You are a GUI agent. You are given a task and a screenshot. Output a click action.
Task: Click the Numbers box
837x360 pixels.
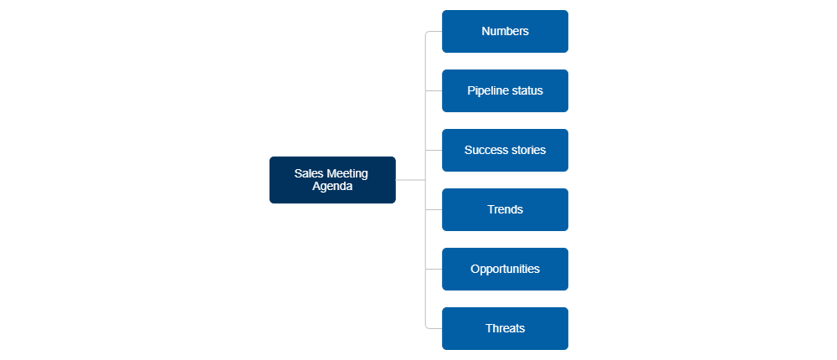pyautogui.click(x=505, y=32)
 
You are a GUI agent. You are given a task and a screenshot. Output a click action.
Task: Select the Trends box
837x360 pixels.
pyautogui.click(x=505, y=209)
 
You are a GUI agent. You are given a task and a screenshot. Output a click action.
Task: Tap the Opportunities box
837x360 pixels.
pyautogui.click(x=505, y=269)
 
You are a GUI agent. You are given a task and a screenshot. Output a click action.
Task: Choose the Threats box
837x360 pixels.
pyautogui.click(x=505, y=328)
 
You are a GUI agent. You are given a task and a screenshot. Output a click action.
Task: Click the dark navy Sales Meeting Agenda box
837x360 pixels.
pyautogui.click(x=331, y=180)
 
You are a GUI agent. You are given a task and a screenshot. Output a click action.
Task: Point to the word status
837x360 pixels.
pyautogui.click(x=527, y=90)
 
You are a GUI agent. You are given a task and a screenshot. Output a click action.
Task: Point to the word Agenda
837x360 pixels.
pyautogui.click(x=332, y=187)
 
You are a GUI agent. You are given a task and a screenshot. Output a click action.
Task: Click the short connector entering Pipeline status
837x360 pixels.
pyautogui.click(x=434, y=90)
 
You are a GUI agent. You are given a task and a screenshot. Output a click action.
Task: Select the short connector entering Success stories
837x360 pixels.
pyautogui.click(x=434, y=150)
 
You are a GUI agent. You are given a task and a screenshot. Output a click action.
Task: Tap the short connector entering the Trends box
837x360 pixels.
pyautogui.click(x=434, y=209)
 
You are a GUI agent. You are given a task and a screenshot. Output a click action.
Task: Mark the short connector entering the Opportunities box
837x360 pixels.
pyautogui.click(x=434, y=269)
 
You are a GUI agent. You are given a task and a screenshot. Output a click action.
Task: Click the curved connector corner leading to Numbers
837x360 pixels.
pyautogui.click(x=427, y=33)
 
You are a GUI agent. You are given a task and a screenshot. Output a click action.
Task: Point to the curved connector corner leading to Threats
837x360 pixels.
pyautogui.click(x=427, y=327)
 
